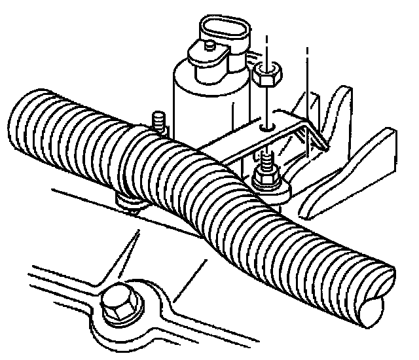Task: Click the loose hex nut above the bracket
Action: click(x=265, y=77)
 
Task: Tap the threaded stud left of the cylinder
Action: click(x=158, y=122)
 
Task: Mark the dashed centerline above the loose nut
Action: click(x=267, y=46)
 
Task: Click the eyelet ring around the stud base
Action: click(x=278, y=191)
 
